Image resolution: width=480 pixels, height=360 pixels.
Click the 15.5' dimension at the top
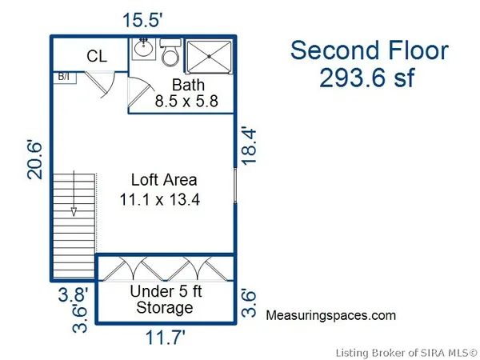(x=144, y=19)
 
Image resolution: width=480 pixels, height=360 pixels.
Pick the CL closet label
(x=98, y=56)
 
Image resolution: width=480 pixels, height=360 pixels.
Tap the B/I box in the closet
(x=63, y=77)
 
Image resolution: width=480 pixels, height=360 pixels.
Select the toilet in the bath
(x=170, y=53)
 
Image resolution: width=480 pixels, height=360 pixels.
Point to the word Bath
(x=189, y=85)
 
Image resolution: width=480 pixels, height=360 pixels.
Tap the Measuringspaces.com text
(x=330, y=315)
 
